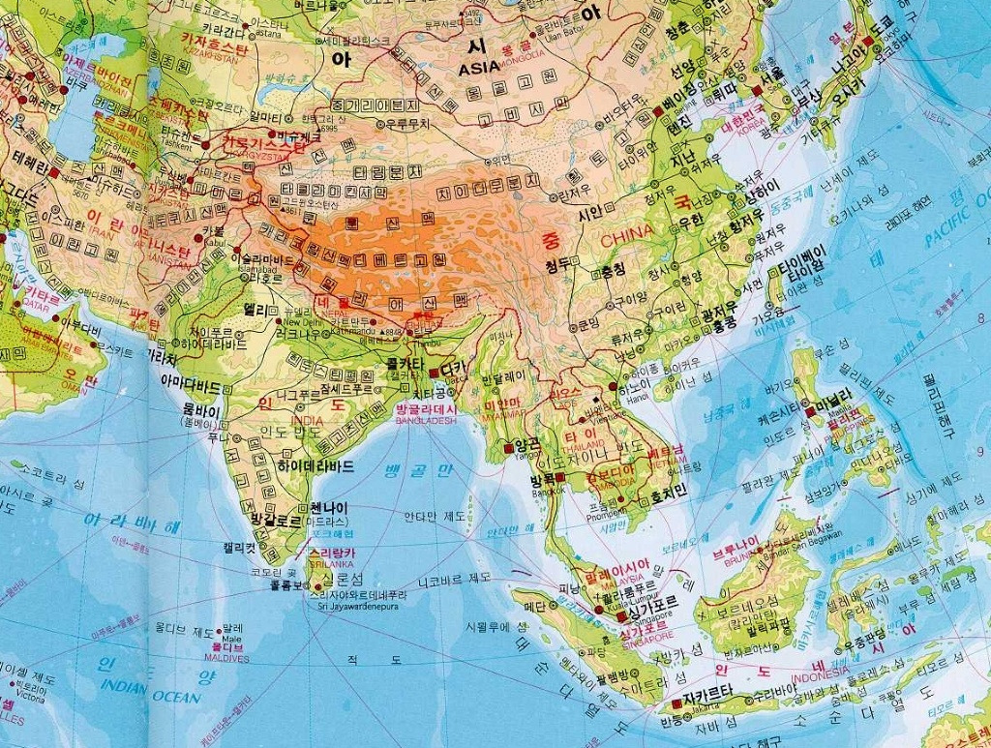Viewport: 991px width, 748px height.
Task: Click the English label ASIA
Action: (480, 68)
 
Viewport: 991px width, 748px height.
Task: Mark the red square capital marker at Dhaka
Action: (433, 371)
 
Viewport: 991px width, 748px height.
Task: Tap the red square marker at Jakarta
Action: (676, 703)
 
